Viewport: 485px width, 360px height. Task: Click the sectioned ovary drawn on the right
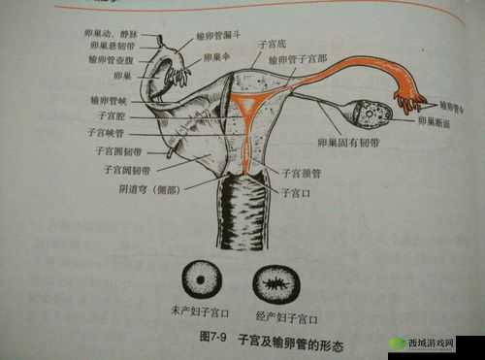pos(372,115)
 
